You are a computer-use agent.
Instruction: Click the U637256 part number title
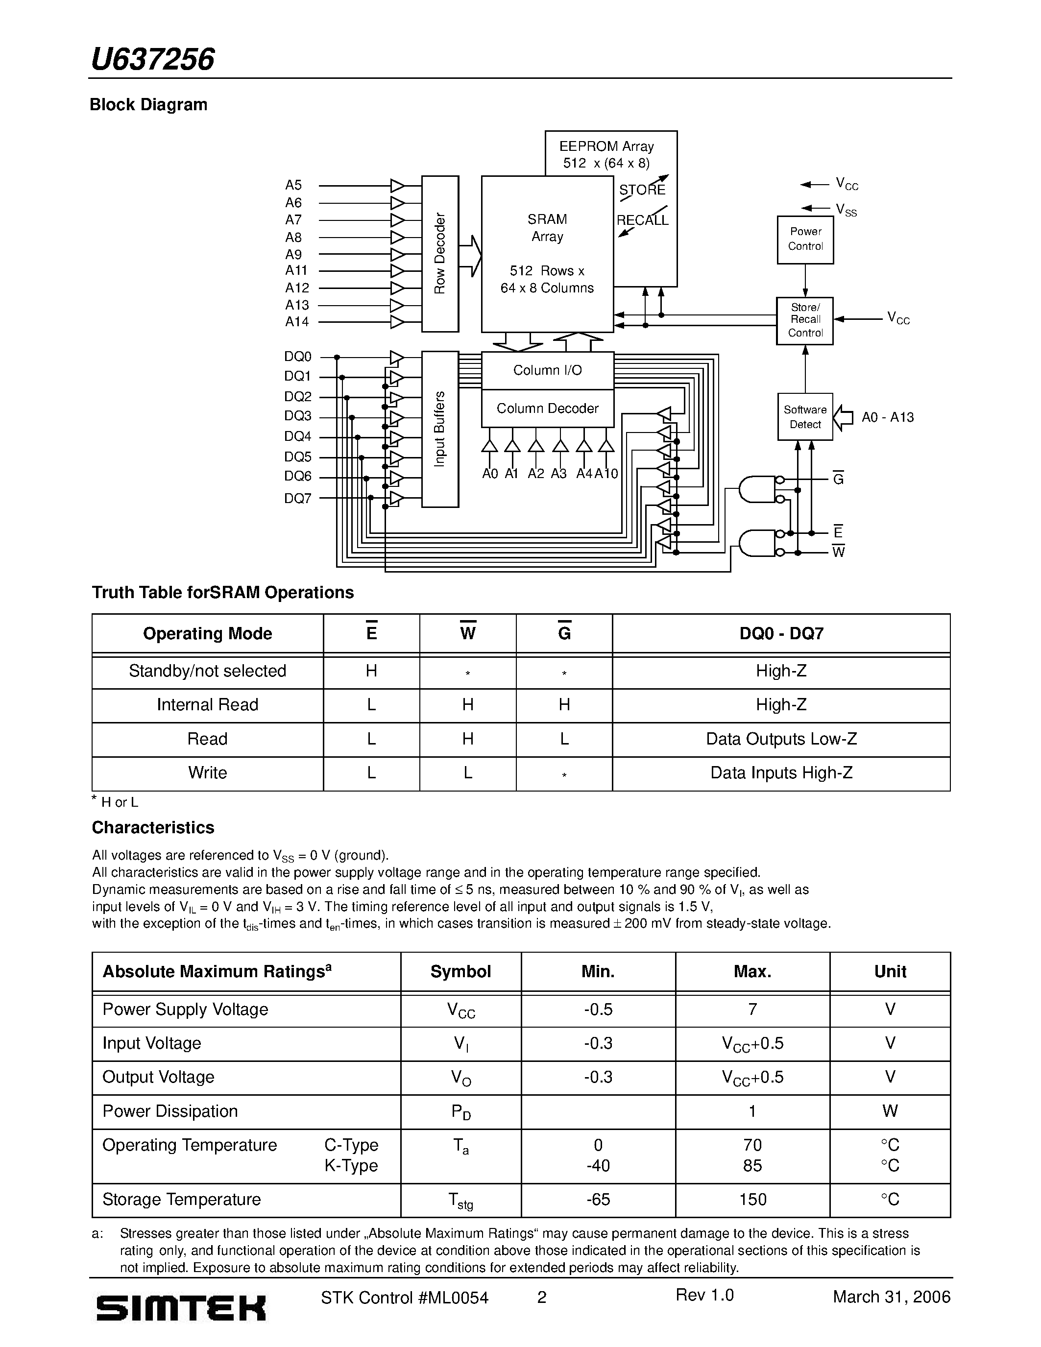pyautogui.click(x=152, y=60)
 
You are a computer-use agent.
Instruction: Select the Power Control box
pyautogui.click(x=805, y=240)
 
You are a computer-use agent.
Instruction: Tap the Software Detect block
pyautogui.click(x=805, y=417)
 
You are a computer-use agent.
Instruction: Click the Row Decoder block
pyautogui.click(x=440, y=254)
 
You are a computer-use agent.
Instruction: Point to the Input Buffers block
pyautogui.click(x=440, y=429)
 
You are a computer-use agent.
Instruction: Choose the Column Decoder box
pyautogui.click(x=547, y=409)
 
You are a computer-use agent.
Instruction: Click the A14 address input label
pyautogui.click(x=297, y=321)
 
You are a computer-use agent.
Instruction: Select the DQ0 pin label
pyautogui.click(x=298, y=357)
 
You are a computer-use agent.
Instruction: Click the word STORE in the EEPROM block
pyautogui.click(x=642, y=190)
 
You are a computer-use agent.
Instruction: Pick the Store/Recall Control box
pyautogui.click(x=805, y=320)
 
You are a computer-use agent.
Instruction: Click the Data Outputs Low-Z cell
pyautogui.click(x=781, y=739)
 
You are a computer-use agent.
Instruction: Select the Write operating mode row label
pyautogui.click(x=207, y=773)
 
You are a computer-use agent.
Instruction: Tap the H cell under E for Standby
pyautogui.click(x=371, y=671)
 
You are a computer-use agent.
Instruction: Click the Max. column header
pyautogui.click(x=752, y=971)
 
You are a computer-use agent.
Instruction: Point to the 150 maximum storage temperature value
pyautogui.click(x=752, y=1200)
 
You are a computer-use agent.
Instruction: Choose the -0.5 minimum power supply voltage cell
pyautogui.click(x=598, y=1009)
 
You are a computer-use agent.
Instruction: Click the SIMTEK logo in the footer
pyautogui.click(x=181, y=1307)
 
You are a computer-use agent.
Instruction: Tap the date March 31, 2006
pyautogui.click(x=891, y=1297)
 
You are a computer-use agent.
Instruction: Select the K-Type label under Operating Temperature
pyautogui.click(x=351, y=1166)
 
